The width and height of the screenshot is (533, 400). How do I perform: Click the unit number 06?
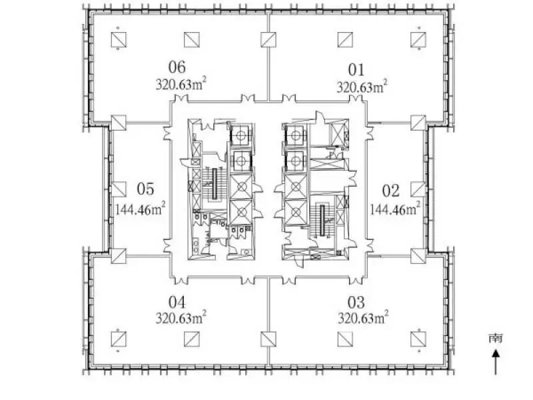[177, 67]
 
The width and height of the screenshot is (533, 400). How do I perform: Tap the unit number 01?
[356, 70]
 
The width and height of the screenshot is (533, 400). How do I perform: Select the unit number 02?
[390, 191]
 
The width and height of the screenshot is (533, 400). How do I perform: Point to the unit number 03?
[356, 302]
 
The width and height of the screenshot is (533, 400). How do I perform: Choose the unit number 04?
[177, 302]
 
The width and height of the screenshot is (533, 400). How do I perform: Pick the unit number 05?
[145, 189]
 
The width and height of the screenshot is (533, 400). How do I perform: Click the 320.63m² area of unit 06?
[181, 84]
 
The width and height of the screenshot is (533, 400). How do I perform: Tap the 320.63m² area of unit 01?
[362, 87]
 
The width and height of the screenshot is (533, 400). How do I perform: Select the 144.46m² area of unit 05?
[141, 209]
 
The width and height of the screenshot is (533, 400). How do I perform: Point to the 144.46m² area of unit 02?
[395, 209]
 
